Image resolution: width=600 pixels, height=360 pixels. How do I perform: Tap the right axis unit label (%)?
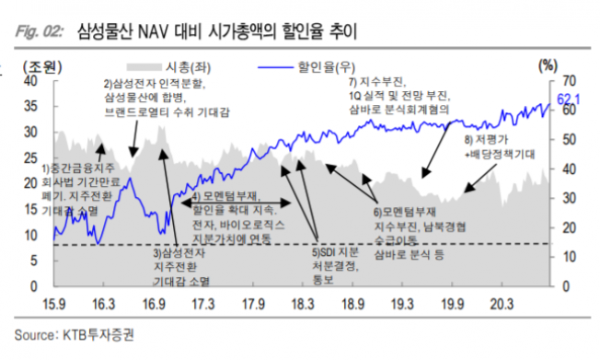(x=548, y=64)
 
